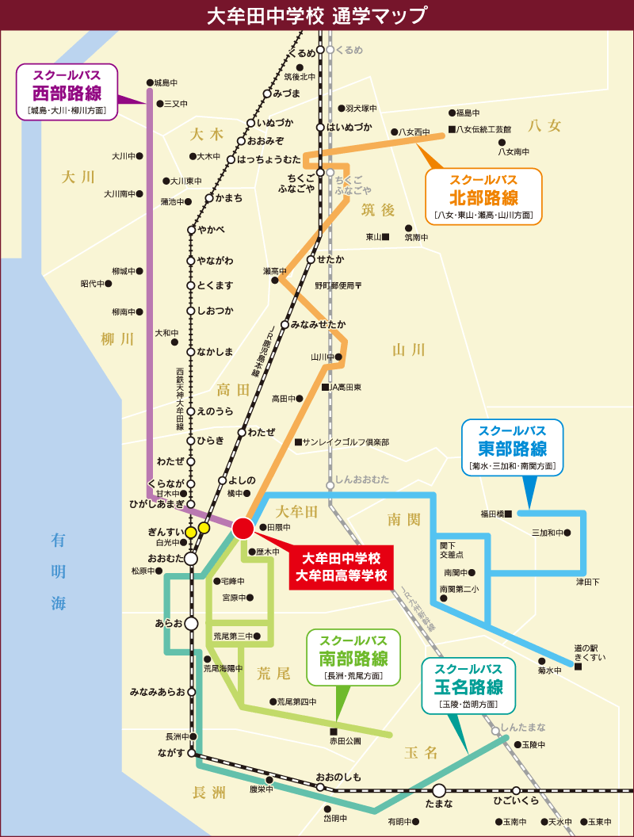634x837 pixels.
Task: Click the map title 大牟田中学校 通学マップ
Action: pos(316,15)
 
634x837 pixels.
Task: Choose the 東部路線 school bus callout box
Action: pos(512,448)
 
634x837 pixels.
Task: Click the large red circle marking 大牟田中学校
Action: pos(243,528)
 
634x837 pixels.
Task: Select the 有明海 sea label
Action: pos(59,571)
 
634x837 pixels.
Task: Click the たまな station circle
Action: pos(439,790)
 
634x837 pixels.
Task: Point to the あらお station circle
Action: pos(191,623)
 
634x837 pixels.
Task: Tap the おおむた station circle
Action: pos(191,558)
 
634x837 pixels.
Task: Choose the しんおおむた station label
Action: pos(362,480)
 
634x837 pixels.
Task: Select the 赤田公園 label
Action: pos(345,741)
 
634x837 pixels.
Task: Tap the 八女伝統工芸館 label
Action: pos(483,128)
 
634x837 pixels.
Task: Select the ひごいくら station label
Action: pos(515,801)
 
